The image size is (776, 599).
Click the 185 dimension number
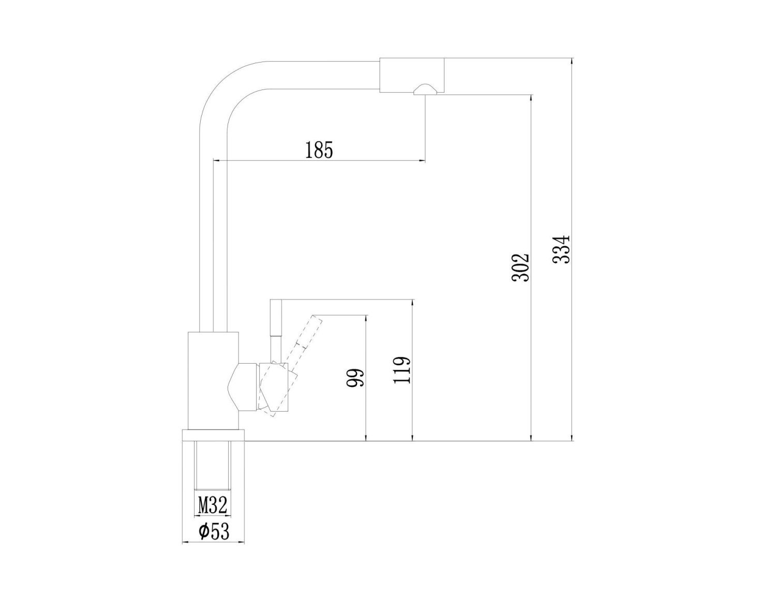click(319, 150)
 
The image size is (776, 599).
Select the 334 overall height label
click(561, 250)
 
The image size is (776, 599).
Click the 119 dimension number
click(402, 369)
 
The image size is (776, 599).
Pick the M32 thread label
click(213, 505)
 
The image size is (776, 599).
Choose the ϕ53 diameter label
click(213, 531)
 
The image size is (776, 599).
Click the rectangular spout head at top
click(412, 76)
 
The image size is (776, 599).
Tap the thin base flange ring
click(213, 435)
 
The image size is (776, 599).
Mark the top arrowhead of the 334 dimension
click(571, 63)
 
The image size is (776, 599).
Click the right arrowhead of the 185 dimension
click(422, 161)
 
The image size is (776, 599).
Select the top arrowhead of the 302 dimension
click(531, 99)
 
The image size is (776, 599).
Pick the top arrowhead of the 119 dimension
click(412, 304)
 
